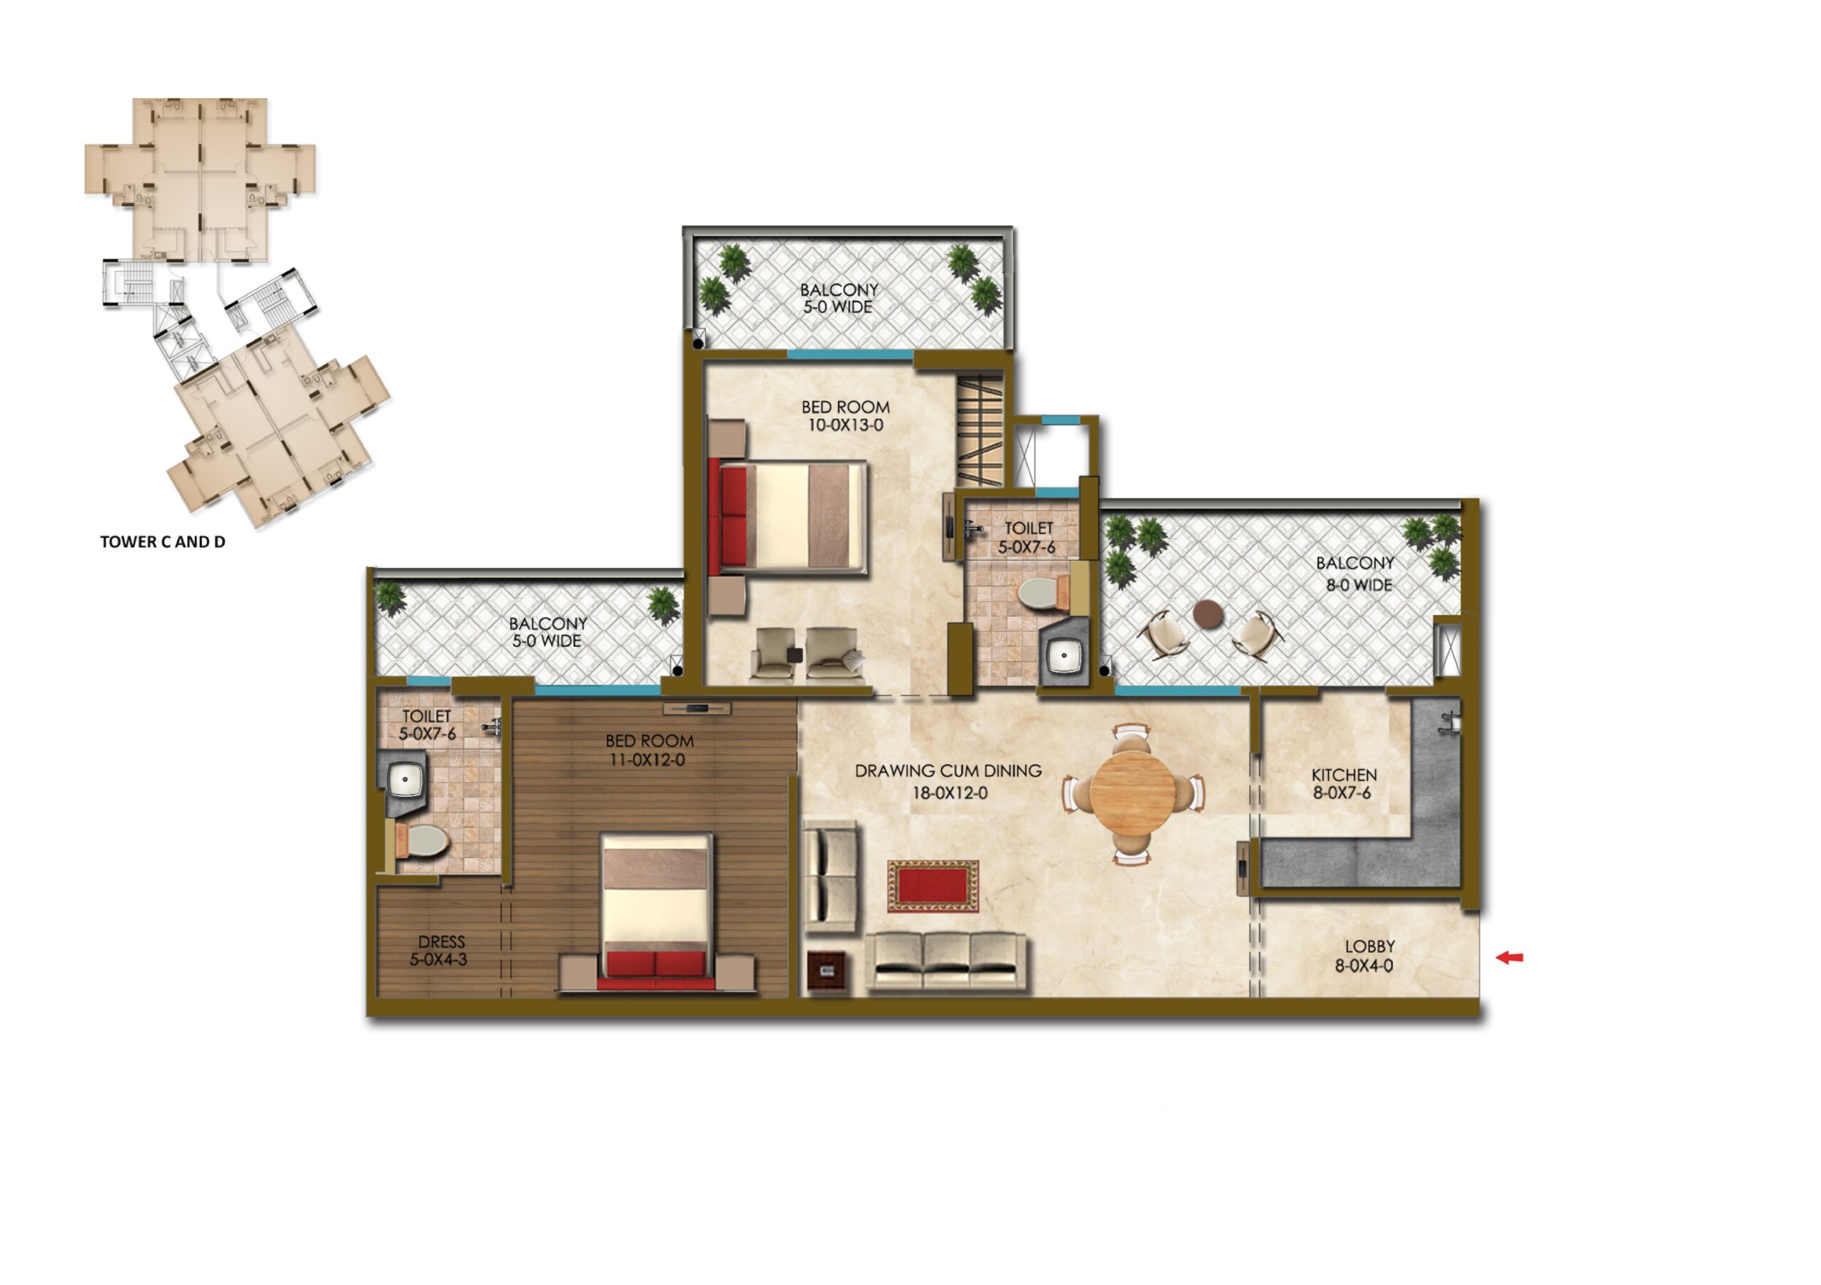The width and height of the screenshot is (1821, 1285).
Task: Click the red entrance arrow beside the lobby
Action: pos(1509,958)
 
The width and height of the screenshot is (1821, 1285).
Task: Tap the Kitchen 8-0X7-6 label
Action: pos(1344,783)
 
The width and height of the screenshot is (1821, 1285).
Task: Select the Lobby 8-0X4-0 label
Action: pos(1364,956)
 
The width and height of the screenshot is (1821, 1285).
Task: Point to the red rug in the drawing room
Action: pos(933,886)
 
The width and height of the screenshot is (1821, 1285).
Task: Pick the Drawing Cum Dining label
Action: pos(949,781)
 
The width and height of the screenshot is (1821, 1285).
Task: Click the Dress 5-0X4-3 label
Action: pos(439,951)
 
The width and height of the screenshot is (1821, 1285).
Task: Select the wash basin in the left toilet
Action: pos(405,781)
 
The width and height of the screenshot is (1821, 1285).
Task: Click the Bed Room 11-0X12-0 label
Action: pos(649,751)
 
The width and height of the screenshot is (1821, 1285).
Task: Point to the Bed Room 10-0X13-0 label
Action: pos(846,416)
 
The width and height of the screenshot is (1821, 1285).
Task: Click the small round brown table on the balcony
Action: pos(1208,613)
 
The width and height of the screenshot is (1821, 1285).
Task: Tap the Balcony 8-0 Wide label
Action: pos(1356,573)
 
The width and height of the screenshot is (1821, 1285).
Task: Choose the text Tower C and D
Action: pos(163,541)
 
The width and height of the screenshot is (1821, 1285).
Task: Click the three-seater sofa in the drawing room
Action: pos(945,961)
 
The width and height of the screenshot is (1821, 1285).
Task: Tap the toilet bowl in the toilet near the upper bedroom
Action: pos(1041,593)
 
